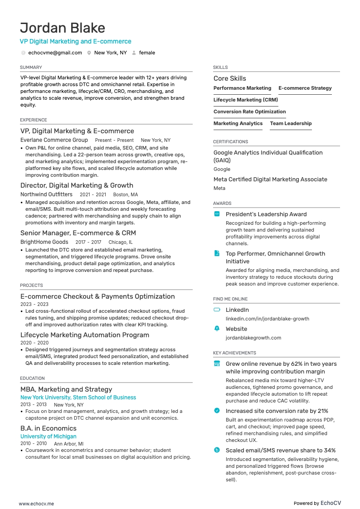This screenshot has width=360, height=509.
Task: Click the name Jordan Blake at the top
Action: tap(63, 28)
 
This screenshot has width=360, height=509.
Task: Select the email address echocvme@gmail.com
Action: tap(55, 53)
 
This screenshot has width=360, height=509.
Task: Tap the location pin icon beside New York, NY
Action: tap(89, 53)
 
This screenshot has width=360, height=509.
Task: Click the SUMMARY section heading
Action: tap(31, 68)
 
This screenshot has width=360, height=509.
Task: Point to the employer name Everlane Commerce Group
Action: tap(54, 140)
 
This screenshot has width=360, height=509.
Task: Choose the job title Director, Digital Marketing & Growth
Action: tap(77, 185)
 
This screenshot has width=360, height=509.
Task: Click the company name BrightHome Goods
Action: tap(44, 242)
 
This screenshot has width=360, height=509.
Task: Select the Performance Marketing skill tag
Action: tap(242, 88)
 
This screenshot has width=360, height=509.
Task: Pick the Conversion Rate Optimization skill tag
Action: tap(249, 112)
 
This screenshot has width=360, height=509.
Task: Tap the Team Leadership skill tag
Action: tap(291, 124)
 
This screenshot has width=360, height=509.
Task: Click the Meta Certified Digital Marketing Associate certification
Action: tap(270, 179)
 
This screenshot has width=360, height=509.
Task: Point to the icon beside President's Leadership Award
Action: tap(217, 214)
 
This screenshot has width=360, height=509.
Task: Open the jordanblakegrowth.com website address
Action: tap(253, 338)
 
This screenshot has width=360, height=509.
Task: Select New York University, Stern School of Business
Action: tap(78, 398)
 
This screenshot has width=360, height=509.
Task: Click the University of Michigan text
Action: tap(48, 436)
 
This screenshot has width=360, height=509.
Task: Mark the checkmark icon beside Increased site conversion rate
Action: tap(217, 411)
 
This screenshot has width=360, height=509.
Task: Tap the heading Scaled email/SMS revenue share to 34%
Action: tap(280, 451)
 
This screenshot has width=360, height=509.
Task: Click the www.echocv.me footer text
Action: tap(36, 504)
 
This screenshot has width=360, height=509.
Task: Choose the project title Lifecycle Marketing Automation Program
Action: tap(85, 335)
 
